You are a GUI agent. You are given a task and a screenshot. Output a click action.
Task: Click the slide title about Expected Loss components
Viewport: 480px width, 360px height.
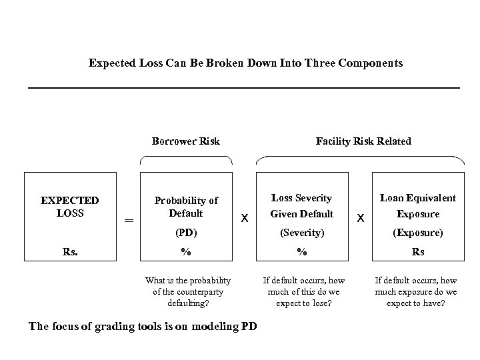click(245, 63)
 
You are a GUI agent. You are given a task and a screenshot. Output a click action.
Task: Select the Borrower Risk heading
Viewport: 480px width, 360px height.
click(185, 141)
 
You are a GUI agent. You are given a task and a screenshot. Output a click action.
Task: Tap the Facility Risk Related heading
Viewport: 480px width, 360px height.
click(363, 141)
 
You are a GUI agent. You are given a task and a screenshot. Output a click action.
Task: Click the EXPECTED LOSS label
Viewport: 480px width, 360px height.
click(69, 207)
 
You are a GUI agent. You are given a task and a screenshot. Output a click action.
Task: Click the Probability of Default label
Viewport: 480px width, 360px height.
click(186, 207)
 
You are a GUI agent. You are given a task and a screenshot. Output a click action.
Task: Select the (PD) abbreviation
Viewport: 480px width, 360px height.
click(186, 234)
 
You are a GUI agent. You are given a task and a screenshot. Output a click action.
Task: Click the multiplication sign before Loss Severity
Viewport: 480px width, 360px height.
click(245, 218)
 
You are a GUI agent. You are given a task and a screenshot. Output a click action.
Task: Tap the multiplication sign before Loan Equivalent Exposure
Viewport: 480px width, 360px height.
click(361, 218)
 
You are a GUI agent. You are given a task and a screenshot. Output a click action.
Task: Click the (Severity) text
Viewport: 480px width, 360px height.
click(303, 234)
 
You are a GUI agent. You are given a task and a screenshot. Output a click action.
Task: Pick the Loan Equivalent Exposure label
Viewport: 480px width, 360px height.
click(418, 206)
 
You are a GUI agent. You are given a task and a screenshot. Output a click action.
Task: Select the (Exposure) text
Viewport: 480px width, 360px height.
click(418, 234)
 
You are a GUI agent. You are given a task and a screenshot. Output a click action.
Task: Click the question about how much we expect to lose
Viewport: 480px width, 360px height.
click(304, 291)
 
